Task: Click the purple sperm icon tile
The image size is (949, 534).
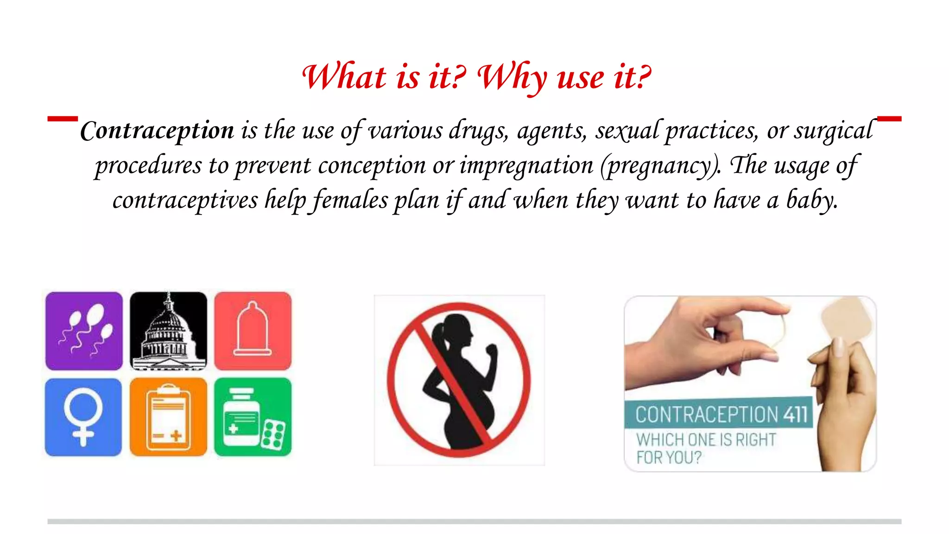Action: point(84,331)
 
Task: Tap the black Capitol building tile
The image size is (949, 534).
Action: point(168,331)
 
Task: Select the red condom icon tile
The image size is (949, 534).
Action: point(253,331)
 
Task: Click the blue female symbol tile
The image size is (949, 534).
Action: point(83,417)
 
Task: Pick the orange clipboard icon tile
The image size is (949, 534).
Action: point(168,417)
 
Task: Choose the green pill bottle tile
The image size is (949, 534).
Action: point(253,417)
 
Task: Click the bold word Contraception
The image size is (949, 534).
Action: point(157,131)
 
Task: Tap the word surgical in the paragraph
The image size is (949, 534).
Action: point(833,131)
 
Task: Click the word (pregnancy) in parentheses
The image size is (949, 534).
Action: point(660,166)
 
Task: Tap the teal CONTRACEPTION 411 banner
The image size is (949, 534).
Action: point(718,413)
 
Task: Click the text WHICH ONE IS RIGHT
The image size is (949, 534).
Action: point(706,439)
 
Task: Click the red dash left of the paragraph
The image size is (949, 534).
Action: point(63,119)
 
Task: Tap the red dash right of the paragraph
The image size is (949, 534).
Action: point(889,119)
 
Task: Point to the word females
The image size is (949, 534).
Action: point(351,201)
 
